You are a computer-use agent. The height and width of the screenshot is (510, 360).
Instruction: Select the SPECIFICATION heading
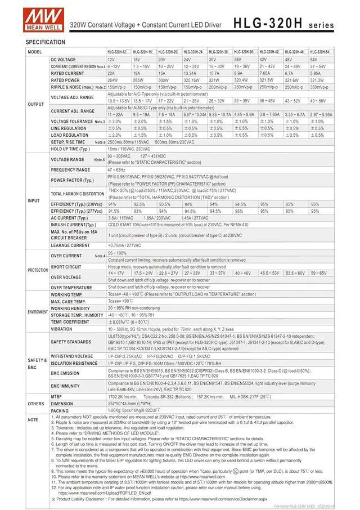pyautogui.click(x=45, y=42)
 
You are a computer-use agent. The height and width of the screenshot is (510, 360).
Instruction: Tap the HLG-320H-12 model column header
pyautogui.click(x=119, y=52)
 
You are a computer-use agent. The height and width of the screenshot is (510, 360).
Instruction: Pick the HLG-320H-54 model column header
pyautogui.click(x=321, y=52)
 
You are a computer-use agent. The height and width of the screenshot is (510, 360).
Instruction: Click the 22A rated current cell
pyautogui.click(x=111, y=73)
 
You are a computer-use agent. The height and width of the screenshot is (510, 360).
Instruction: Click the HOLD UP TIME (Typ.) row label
pyautogui.click(x=70, y=149)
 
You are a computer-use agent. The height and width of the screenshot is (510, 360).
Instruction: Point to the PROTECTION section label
pyautogui.click(x=38, y=270)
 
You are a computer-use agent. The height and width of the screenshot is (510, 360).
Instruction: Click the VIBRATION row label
pyautogui.click(x=61, y=329)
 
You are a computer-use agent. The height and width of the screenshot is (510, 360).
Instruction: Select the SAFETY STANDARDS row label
pyautogui.click(x=71, y=342)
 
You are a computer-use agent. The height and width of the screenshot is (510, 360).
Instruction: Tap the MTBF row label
pyautogui.click(x=57, y=397)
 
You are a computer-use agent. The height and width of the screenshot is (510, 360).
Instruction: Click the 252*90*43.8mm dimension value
pyautogui.click(x=129, y=404)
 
